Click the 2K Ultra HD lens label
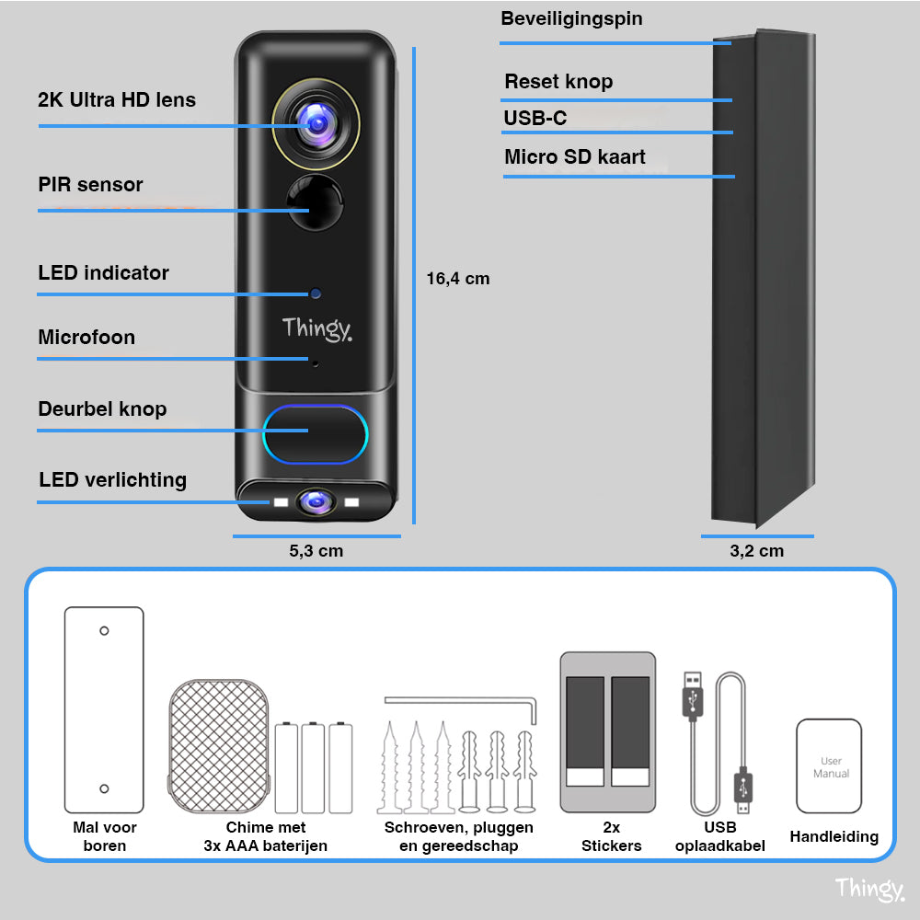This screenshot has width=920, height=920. point(117,100)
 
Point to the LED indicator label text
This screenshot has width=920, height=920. point(103,273)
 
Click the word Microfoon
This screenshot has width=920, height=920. point(86,338)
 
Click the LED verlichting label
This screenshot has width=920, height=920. point(112,480)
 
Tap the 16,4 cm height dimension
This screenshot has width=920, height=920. point(458,279)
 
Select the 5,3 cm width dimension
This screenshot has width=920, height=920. point(316,551)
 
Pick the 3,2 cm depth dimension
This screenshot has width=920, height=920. point(756,551)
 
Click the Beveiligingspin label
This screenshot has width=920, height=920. point(571,19)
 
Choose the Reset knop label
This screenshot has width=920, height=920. point(558,82)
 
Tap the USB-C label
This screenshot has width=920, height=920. point(535,119)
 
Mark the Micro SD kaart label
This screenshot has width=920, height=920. point(574,157)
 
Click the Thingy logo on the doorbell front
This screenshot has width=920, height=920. point(316,328)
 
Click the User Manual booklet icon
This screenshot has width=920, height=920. point(829,766)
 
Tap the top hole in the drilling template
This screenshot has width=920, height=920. point(104,630)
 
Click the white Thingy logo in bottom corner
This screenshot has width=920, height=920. point(868,889)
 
